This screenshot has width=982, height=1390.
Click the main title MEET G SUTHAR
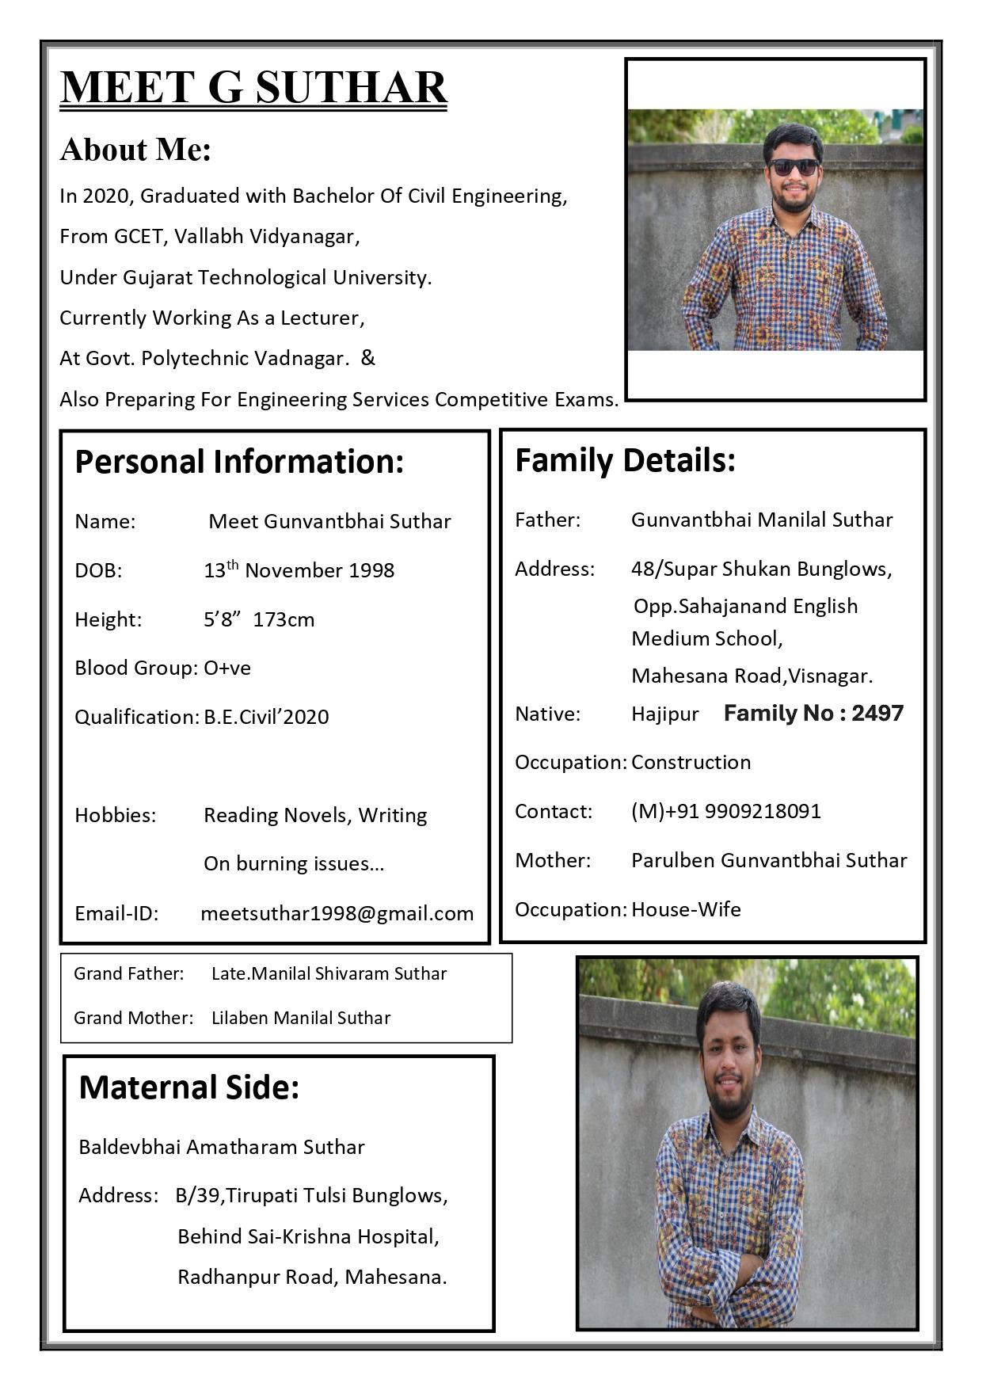(x=253, y=87)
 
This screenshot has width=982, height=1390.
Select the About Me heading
(x=135, y=150)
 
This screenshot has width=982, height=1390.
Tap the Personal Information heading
(x=239, y=462)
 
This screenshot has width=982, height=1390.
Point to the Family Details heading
(x=625, y=460)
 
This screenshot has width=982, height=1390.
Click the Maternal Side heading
(x=189, y=1087)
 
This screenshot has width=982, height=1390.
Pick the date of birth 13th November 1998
(x=299, y=570)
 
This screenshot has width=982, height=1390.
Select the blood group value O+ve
(x=227, y=668)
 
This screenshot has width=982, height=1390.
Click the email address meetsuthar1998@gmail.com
(x=337, y=913)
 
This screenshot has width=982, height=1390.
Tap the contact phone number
(x=726, y=811)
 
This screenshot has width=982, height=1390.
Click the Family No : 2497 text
(x=813, y=714)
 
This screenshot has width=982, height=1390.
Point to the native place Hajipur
(x=664, y=714)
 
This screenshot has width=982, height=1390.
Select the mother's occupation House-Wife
(x=686, y=909)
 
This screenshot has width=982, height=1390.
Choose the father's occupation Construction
(x=691, y=762)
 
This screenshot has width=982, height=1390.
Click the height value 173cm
(x=284, y=619)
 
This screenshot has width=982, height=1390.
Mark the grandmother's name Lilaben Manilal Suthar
(x=301, y=1018)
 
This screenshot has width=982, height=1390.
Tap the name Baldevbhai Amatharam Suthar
(x=222, y=1147)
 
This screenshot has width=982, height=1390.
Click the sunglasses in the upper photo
(x=793, y=167)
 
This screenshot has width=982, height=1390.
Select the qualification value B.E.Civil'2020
(x=266, y=717)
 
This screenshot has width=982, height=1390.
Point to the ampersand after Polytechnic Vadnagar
(x=367, y=358)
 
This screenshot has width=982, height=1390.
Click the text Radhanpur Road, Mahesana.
(x=312, y=1277)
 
